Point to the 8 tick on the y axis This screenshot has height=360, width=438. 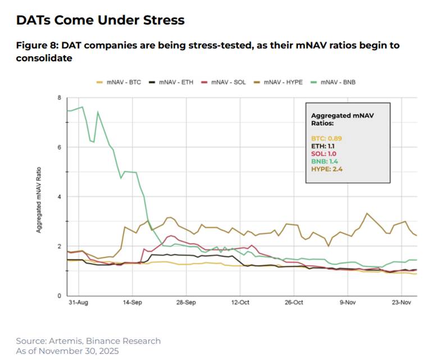[x=59, y=98]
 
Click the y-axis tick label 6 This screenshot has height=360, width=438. [x=59, y=147]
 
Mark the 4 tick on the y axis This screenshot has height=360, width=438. [x=59, y=197]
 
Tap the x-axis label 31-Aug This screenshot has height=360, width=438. [x=78, y=302]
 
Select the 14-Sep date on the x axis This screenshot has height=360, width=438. [x=132, y=302]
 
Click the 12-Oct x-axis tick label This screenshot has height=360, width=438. [x=240, y=302]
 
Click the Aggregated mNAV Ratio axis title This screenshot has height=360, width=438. [x=39, y=197]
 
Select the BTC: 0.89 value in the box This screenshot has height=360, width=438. [x=326, y=138]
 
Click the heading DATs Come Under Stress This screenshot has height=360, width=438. [x=100, y=21]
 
